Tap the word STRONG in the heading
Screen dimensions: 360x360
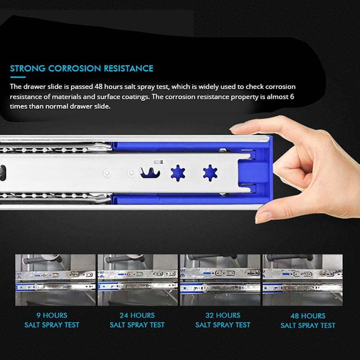pos(28,68)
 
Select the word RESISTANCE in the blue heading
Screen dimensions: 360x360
pos(129,68)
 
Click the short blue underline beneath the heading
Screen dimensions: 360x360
pos(18,77)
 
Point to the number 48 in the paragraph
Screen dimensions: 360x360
pos(99,87)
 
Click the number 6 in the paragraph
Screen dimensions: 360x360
pos(292,96)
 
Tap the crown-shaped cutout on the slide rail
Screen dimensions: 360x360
pos(150,173)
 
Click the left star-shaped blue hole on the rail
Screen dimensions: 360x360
pos(178,173)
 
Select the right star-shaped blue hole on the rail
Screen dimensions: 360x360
pos(210,173)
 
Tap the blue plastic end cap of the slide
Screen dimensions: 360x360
pos(255,172)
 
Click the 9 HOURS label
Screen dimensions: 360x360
pos(52,315)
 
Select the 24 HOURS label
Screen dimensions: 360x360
pos(137,315)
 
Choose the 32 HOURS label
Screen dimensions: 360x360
pos(223,315)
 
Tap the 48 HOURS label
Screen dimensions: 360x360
pos(308,316)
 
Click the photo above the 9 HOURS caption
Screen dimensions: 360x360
pos(55,280)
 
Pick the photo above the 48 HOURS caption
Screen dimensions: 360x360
pos(303,280)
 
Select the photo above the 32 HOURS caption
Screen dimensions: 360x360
pos(220,280)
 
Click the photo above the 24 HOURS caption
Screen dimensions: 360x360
pos(138,280)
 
